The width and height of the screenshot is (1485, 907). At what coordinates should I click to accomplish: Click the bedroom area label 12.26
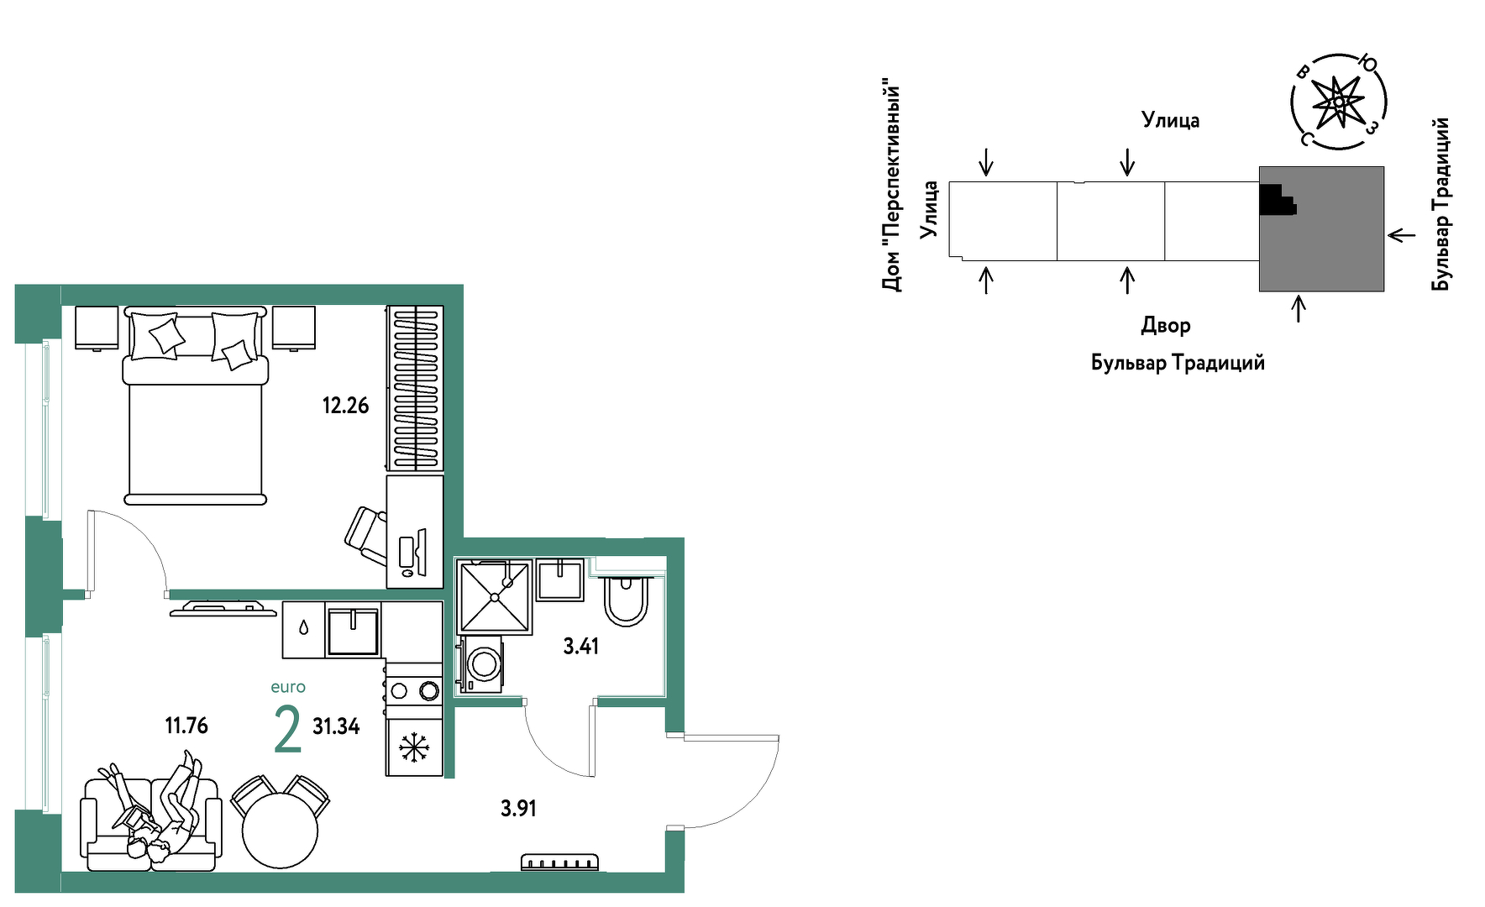pos(345,406)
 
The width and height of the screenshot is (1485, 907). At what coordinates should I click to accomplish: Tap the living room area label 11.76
pos(186,725)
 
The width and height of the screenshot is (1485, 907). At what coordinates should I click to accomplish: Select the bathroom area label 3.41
pos(580,646)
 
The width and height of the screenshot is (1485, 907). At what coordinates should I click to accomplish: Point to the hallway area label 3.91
pos(518,808)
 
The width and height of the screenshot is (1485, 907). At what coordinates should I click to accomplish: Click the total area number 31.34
pos(336,726)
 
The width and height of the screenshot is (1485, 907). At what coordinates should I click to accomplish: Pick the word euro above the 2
pos(288,687)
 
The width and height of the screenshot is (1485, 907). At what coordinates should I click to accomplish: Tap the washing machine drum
pos(484,663)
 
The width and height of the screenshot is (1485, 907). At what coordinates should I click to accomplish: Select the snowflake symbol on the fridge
pos(413,747)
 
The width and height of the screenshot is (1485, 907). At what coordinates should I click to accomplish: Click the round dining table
pos(280,830)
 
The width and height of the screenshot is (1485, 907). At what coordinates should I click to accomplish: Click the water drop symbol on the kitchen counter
pos(303,627)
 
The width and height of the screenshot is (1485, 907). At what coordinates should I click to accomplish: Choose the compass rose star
pos(1337,102)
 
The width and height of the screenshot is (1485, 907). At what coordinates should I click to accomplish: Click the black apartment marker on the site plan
pos(1276,200)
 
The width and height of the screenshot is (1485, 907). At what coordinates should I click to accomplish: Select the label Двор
pos(1166,326)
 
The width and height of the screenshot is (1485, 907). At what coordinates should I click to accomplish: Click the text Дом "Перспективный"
pos(891,186)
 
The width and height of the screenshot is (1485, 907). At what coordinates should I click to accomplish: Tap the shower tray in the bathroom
pos(495,597)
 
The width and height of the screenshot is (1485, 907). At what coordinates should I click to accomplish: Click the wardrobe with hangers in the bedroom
pos(415,388)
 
